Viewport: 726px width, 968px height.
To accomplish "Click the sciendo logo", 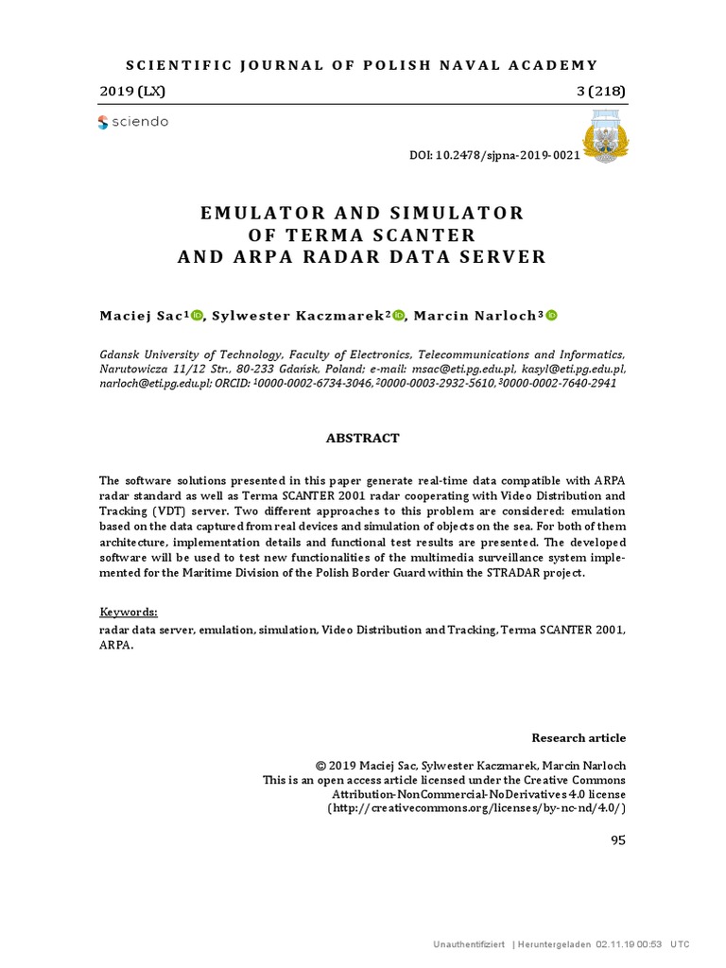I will tap(133, 122).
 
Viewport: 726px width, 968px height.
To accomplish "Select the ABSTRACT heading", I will tap(363, 439).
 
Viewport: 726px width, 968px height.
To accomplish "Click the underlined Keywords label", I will tap(129, 612).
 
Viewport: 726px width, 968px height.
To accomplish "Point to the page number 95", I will tap(618, 840).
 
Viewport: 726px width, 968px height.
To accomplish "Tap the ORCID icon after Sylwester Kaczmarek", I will tap(398, 316).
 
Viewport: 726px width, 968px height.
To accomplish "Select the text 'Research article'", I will tap(579, 737).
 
